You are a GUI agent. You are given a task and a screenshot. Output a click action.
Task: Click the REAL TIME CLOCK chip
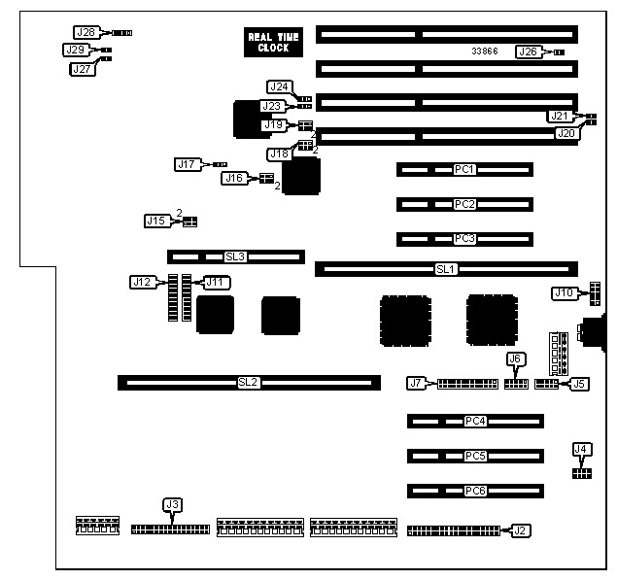tap(273, 42)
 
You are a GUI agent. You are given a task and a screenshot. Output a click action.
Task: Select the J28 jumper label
tap(86, 32)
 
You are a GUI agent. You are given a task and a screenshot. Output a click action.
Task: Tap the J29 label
tap(75, 50)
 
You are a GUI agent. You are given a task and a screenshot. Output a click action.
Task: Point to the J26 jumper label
tap(528, 51)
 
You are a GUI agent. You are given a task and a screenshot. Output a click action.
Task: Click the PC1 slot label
tap(464, 169)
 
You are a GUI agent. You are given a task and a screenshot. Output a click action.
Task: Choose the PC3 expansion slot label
tap(464, 238)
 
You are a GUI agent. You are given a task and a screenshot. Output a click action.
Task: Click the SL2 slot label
tap(248, 383)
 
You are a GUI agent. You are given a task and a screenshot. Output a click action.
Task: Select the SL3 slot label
tap(234, 257)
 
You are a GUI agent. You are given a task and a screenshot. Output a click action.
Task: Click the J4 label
tap(581, 449)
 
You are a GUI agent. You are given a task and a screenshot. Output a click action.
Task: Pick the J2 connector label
tap(520, 530)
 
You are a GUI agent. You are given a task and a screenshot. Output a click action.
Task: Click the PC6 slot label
tap(474, 490)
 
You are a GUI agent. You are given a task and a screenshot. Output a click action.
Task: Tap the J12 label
tap(142, 282)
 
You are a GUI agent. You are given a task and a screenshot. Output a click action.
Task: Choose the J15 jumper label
tap(155, 221)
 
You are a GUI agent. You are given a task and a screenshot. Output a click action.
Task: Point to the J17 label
tap(187, 164)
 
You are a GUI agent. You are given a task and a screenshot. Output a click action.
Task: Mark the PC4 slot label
tap(474, 421)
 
